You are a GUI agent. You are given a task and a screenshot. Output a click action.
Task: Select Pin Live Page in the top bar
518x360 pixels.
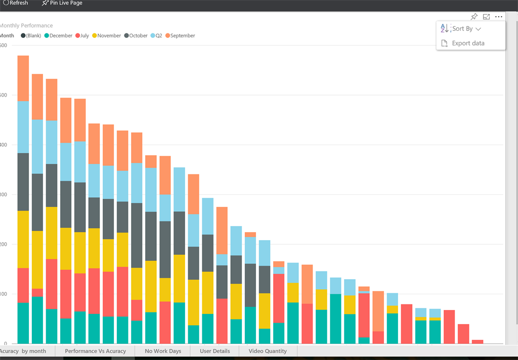[x=62, y=3]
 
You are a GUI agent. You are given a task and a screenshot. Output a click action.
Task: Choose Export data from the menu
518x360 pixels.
[x=467, y=43]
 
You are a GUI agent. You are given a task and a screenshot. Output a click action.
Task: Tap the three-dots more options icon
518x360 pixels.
[x=499, y=17]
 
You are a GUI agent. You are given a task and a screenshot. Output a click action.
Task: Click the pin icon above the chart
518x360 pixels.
[x=474, y=17]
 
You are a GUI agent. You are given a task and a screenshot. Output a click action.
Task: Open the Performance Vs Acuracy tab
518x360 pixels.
[x=96, y=351]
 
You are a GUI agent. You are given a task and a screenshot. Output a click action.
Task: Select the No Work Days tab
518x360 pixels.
[x=163, y=351]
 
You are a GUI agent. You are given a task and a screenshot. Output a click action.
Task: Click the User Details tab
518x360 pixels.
[x=215, y=351]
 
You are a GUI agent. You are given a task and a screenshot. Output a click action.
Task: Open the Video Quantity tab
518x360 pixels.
[x=268, y=351]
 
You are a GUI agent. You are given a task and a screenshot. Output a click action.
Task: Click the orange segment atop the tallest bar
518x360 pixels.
[x=23, y=78]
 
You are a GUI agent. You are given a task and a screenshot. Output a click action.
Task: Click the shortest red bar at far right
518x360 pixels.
[x=478, y=342]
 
